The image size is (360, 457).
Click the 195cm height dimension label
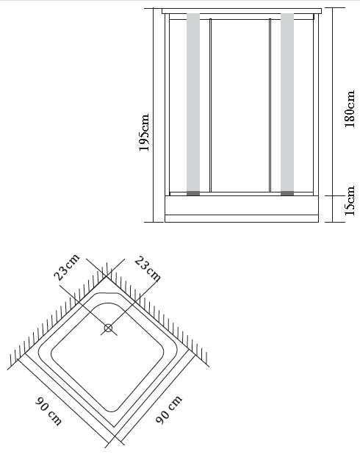144,132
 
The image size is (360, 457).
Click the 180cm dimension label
350,109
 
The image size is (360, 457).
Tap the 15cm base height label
350,201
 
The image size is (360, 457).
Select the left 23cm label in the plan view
67,267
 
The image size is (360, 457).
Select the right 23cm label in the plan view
148,269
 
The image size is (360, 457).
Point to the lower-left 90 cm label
48,411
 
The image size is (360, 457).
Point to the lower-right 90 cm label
168,409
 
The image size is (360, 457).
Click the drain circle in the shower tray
108,328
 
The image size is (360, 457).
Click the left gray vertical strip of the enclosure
193,102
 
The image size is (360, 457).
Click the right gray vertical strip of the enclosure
287,102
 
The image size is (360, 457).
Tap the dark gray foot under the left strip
193,193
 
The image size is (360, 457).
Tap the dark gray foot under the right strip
287,193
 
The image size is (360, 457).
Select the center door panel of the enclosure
240,106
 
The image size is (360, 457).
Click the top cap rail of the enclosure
242,11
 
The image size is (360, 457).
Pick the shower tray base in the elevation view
242,209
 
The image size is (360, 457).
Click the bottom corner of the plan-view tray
115,436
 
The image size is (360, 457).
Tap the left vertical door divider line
210,106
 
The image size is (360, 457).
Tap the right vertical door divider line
270,106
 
